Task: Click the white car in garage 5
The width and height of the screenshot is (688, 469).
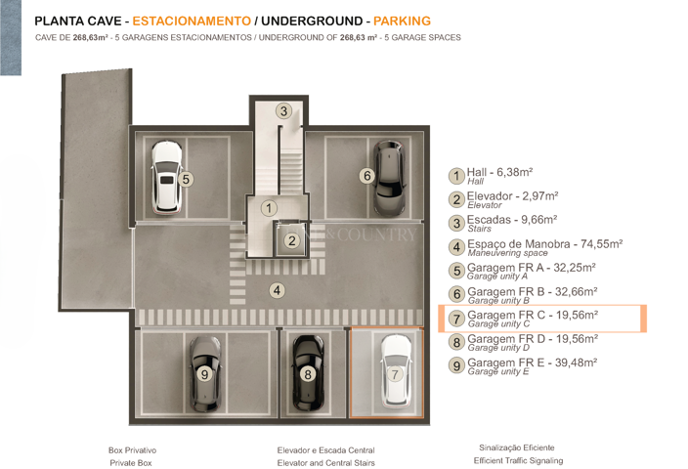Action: coord(166,177)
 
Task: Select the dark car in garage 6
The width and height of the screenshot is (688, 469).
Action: coord(388,177)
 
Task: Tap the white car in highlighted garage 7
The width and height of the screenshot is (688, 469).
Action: coord(396,372)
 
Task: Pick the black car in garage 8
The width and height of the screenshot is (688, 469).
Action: coord(308,372)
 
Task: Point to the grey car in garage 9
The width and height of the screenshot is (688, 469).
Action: coord(205,372)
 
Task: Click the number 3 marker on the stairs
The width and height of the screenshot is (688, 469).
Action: coord(283,111)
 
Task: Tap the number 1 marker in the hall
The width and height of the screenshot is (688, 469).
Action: coord(269,207)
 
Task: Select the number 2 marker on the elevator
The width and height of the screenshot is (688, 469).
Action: coord(291,240)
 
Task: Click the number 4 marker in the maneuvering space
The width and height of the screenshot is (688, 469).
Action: coord(278,289)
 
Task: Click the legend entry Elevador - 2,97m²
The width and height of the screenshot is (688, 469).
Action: coord(512,198)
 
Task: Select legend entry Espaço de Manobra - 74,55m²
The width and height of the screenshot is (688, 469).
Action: coord(543,246)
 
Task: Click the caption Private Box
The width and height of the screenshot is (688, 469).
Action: coord(131,463)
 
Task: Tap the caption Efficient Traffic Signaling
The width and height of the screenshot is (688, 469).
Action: coord(518,460)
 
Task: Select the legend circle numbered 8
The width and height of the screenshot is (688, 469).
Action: coord(456,342)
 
